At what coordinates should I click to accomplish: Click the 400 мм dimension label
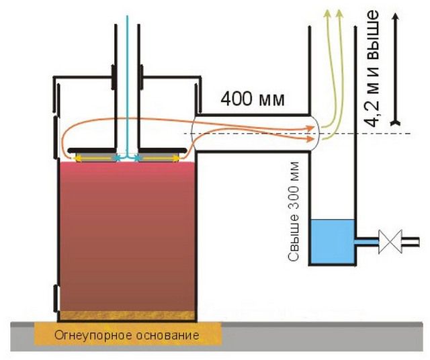253,101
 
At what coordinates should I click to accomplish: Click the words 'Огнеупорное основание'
127,334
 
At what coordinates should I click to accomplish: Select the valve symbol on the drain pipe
389,239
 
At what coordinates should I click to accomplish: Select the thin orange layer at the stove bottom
126,314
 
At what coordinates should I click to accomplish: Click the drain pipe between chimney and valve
367,239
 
